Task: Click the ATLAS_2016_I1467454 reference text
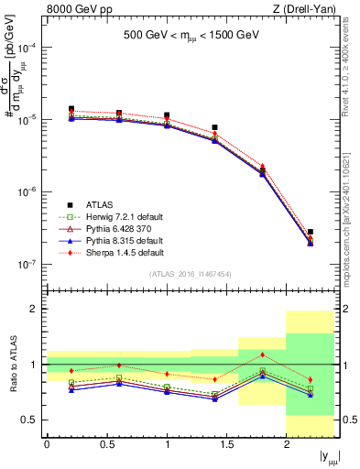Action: click(x=191, y=274)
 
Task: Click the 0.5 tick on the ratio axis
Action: click(x=34, y=420)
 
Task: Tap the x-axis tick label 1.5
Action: click(x=226, y=444)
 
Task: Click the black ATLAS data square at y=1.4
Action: click(x=214, y=127)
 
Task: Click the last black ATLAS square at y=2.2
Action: click(x=311, y=232)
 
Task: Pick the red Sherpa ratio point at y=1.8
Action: click(x=262, y=354)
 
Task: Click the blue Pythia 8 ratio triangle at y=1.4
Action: click(x=214, y=399)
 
